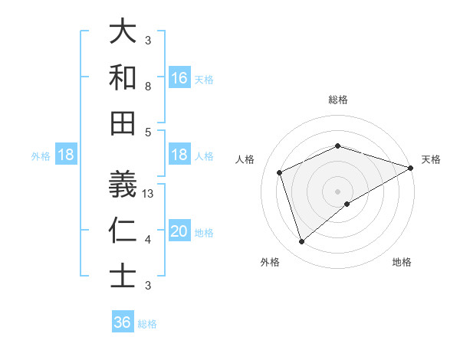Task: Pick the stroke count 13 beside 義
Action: (149, 194)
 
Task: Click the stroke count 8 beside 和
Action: (148, 87)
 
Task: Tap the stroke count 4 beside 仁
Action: (148, 240)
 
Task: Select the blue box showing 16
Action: (179, 78)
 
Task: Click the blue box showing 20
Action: (179, 231)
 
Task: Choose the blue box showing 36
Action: (123, 322)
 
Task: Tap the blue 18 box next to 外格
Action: (66, 155)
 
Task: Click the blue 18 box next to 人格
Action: (179, 155)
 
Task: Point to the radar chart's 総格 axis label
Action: (338, 100)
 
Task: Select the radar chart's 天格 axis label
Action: (431, 159)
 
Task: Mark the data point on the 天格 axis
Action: (411, 168)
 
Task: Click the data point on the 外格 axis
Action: (301, 242)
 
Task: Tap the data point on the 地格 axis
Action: (347, 204)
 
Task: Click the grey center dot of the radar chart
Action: (338, 191)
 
